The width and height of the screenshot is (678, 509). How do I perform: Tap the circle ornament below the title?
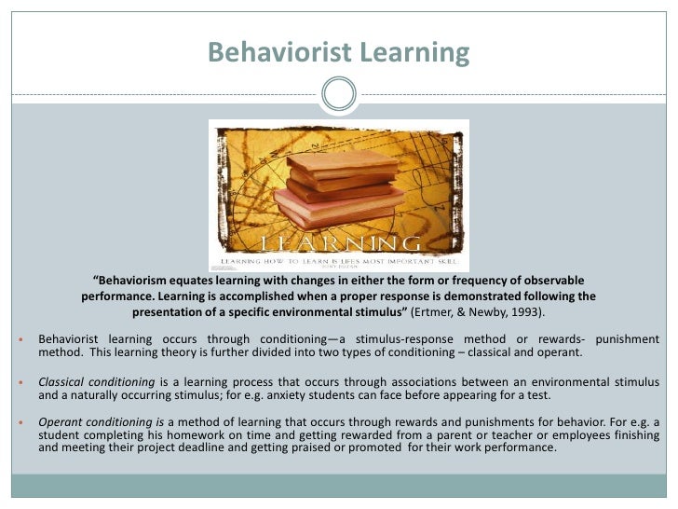tap(338, 92)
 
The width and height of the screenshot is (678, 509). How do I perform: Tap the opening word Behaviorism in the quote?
tap(137, 281)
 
